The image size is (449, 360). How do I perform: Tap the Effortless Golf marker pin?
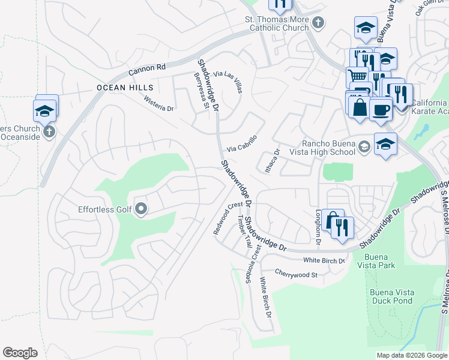click(x=141, y=209)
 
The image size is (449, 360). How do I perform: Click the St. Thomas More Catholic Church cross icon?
click(x=318, y=23)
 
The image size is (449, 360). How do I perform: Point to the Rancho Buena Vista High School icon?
click(x=364, y=147)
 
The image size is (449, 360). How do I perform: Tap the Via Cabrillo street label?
click(x=242, y=143)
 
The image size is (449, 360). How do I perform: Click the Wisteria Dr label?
click(x=158, y=104)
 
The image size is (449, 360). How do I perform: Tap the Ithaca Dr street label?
click(x=268, y=161)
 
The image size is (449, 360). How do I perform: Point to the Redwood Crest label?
click(x=228, y=218)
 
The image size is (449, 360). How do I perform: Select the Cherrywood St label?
click(x=295, y=274)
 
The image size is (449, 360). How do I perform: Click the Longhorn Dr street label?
click(x=319, y=228)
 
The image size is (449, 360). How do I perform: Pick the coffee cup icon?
click(x=381, y=109)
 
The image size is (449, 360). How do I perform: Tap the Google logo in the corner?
click(x=20, y=353)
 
